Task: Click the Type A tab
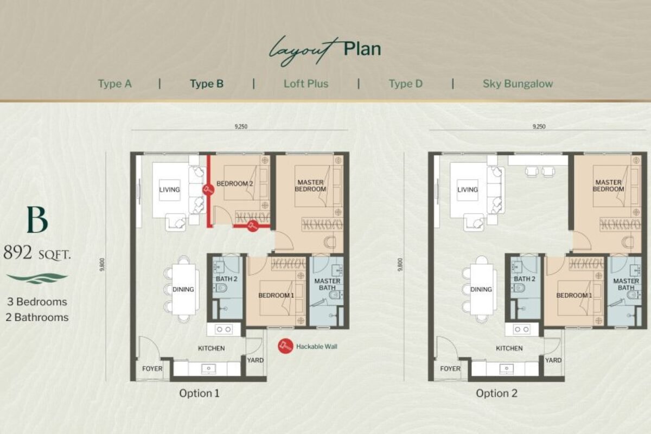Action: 115,84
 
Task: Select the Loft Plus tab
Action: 306,84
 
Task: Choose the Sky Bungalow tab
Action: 518,84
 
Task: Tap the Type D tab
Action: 406,84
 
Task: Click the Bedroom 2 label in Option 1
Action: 234,184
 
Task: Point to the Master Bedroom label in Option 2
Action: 608,186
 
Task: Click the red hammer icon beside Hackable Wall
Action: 285,346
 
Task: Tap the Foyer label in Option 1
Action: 152,368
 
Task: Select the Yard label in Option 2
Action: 553,360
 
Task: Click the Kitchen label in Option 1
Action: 211,348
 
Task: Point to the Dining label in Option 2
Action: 481,289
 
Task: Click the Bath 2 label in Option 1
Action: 226,279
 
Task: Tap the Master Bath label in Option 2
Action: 626,284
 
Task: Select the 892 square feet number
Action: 18,252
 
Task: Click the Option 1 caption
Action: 200,393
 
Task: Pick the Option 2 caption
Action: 497,393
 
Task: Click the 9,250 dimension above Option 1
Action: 241,126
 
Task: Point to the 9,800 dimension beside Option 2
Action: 400,265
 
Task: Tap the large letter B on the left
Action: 37,220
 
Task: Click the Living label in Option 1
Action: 169,189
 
